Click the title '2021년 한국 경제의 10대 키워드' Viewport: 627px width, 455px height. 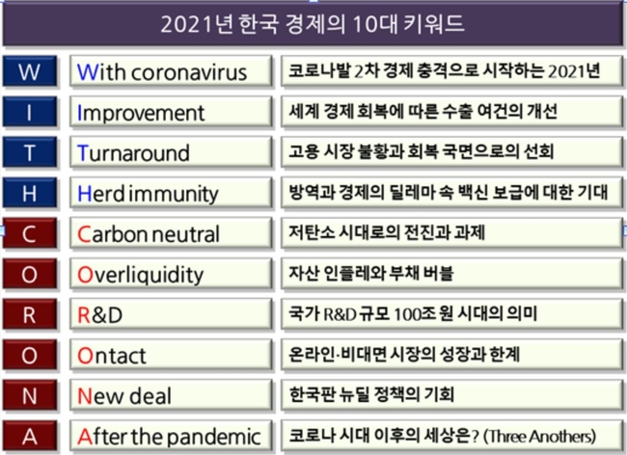click(x=313, y=23)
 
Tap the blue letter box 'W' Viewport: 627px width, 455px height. click(x=30, y=71)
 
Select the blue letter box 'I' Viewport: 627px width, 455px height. click(x=30, y=112)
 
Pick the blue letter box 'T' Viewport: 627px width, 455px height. click(x=30, y=152)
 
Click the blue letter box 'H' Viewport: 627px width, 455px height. click(x=30, y=193)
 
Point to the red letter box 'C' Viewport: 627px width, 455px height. click(x=30, y=233)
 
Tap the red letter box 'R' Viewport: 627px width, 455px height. click(x=30, y=314)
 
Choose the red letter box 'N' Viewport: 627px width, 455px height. click(x=30, y=395)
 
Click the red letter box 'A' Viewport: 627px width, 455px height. click(x=30, y=436)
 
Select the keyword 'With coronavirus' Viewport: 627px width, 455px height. click(x=162, y=72)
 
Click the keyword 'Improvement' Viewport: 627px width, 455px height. click(x=141, y=113)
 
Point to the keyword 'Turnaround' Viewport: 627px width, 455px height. click(x=133, y=153)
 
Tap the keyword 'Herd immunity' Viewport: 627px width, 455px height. click(x=148, y=194)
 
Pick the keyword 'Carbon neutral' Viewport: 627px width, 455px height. click(x=149, y=234)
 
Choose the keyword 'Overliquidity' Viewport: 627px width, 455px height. click(x=141, y=276)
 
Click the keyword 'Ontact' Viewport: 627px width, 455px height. click(x=112, y=356)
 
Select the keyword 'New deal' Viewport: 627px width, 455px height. click(x=124, y=396)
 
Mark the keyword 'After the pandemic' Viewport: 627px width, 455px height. click(x=169, y=437)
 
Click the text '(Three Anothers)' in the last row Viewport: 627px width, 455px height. click(x=540, y=436)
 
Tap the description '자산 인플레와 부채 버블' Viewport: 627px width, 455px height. click(x=371, y=273)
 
